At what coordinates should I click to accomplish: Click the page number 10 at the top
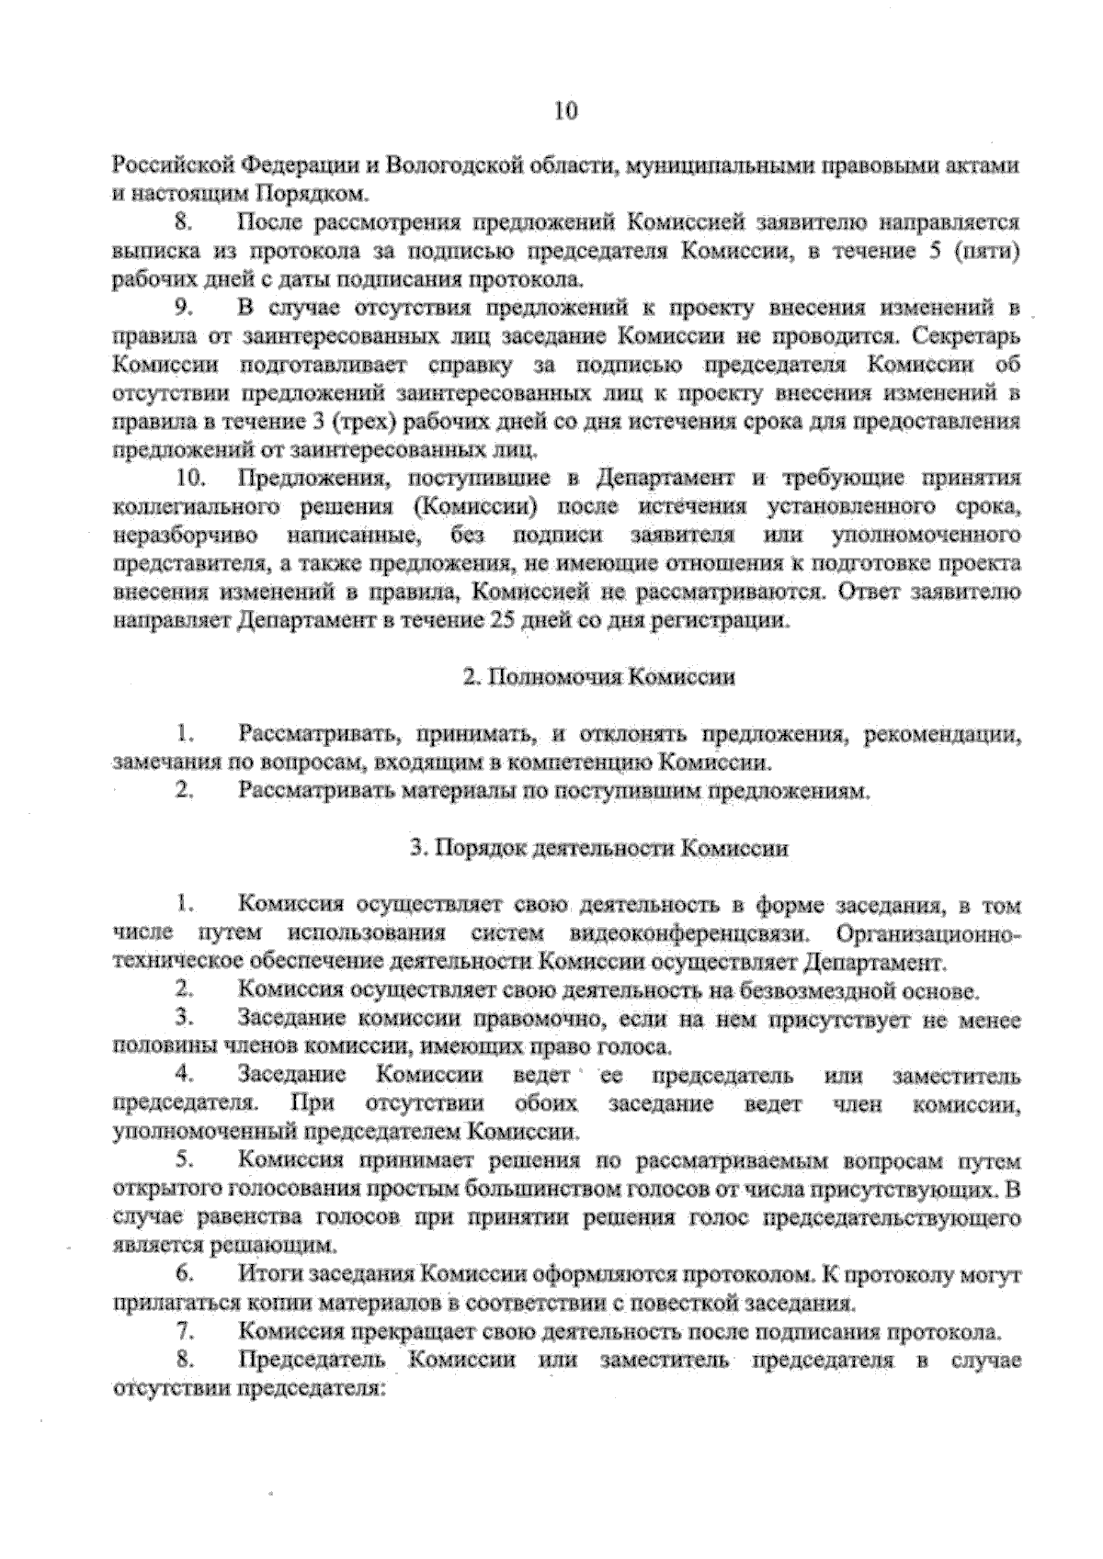564,111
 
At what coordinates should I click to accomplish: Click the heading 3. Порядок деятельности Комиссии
598,848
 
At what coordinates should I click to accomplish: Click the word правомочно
537,1019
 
